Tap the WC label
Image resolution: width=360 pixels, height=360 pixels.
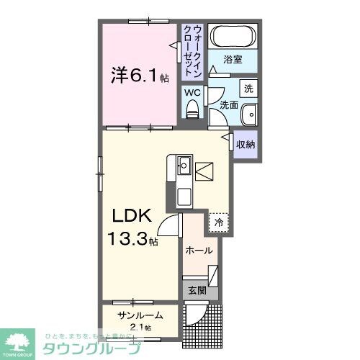192,93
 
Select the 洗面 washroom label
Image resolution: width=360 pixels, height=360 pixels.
229,105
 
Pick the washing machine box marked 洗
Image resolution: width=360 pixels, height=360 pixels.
248,89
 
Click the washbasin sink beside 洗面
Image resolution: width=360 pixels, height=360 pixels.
249,114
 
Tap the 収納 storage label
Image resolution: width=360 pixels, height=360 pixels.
246,145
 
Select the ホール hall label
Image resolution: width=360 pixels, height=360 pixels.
199,251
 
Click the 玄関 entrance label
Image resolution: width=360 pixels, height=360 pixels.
197,292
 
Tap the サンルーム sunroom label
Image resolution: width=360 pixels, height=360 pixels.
140,315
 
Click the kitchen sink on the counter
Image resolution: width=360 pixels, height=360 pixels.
183,166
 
